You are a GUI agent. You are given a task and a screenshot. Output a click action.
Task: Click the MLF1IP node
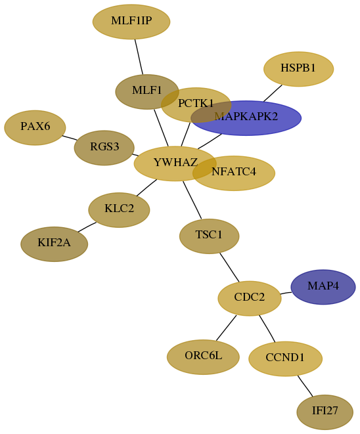pyautogui.click(x=131, y=22)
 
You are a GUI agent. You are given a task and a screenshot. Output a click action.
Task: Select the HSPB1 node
pyautogui.click(x=298, y=69)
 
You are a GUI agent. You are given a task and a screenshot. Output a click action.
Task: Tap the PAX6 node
pyautogui.click(x=35, y=127)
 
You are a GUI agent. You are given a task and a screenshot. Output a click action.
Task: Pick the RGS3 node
pyautogui.click(x=104, y=148)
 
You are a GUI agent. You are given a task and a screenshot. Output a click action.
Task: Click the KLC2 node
pyautogui.click(x=119, y=210)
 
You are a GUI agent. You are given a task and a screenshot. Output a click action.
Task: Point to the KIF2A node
pyautogui.click(x=55, y=244)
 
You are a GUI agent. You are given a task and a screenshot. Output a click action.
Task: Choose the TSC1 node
pyautogui.click(x=209, y=236)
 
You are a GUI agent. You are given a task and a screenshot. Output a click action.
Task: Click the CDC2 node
pyautogui.click(x=250, y=298)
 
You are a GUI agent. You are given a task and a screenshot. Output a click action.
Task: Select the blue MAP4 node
pyautogui.click(x=323, y=287)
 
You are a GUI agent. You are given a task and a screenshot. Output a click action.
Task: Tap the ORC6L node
pyautogui.click(x=203, y=357)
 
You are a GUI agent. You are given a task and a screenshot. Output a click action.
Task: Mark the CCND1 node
pyautogui.click(x=285, y=358)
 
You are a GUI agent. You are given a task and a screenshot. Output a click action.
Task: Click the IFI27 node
pyautogui.click(x=325, y=412)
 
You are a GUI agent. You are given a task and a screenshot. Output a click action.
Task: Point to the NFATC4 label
pyautogui.click(x=234, y=172)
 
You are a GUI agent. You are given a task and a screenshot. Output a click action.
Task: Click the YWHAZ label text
pyautogui.click(x=175, y=162)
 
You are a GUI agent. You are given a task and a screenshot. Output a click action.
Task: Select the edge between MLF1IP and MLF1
pyautogui.click(x=139, y=56)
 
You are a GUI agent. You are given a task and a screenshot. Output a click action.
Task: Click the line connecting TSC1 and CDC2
pyautogui.click(x=229, y=267)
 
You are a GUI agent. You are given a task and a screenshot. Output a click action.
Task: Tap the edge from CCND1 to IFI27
pyautogui.click(x=305, y=386)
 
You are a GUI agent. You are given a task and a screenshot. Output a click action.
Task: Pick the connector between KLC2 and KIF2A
pyautogui.click(x=87, y=227)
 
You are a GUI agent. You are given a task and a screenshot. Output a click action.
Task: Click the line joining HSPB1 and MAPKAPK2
pyautogui.click(x=273, y=93)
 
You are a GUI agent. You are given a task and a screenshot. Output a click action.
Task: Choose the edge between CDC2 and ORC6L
pyautogui.click(x=226, y=328)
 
